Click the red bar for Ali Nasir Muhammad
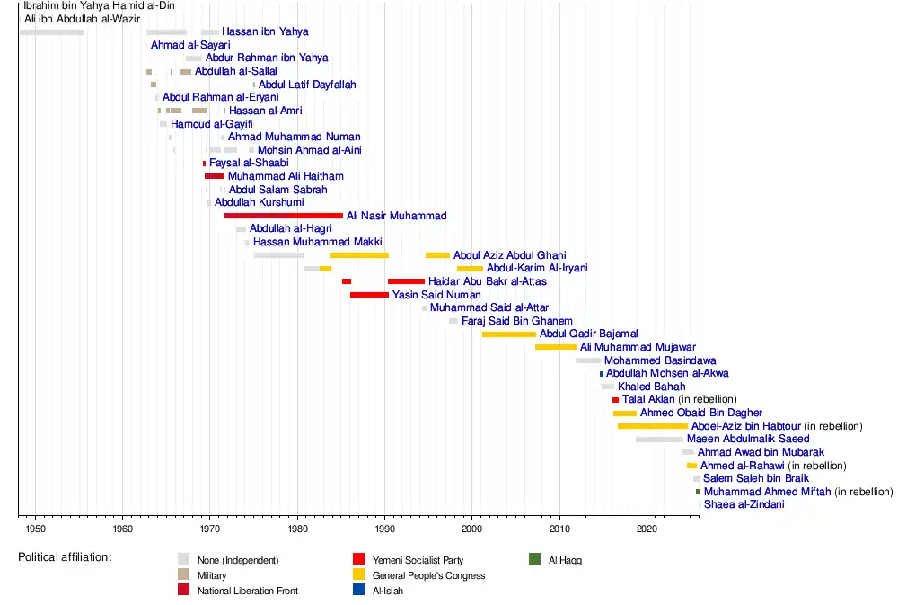pyautogui.click(x=284, y=216)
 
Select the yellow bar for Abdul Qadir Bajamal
pyautogui.click(x=509, y=334)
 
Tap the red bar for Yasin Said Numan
pyautogui.click(x=369, y=295)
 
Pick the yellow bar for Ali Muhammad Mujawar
pyautogui.click(x=556, y=347)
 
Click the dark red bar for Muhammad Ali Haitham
pyautogui.click(x=215, y=176)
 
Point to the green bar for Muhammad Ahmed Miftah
pyautogui.click(x=698, y=492)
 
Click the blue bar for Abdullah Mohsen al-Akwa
pyautogui.click(x=602, y=374)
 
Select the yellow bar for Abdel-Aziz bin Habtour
pyautogui.click(x=653, y=426)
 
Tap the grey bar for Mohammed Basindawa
pyautogui.click(x=588, y=360)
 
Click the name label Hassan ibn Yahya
pyautogui.click(x=265, y=31)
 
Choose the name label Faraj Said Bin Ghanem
pyautogui.click(x=517, y=321)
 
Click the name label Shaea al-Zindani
pyautogui.click(x=744, y=504)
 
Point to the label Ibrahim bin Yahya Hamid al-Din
pyautogui.click(x=99, y=5)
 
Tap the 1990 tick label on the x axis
pyautogui.click(x=385, y=529)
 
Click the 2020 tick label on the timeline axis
pyautogui.click(x=647, y=529)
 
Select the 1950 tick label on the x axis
pyautogui.click(x=36, y=529)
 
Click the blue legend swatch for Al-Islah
pyautogui.click(x=359, y=590)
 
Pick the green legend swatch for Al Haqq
pyautogui.click(x=535, y=558)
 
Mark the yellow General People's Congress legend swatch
pyautogui.click(x=359, y=574)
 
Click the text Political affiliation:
pyautogui.click(x=66, y=557)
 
